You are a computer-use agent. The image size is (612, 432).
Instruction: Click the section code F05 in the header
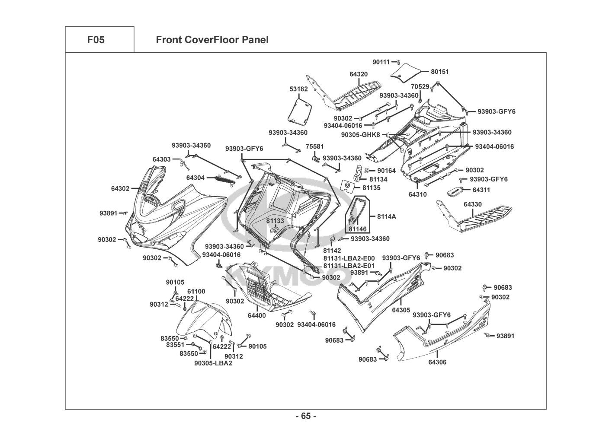click(x=96, y=40)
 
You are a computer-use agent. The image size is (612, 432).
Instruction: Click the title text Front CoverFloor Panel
click(x=212, y=40)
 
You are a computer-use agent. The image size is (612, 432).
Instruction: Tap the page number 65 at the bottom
click(x=306, y=416)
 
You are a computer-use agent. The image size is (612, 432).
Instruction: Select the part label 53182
click(x=298, y=89)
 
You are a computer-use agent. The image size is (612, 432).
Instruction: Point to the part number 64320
click(x=359, y=74)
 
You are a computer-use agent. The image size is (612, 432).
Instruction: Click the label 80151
click(x=440, y=71)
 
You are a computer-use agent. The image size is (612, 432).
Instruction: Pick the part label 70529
click(x=420, y=87)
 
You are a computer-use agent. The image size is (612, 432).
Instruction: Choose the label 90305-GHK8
click(x=360, y=135)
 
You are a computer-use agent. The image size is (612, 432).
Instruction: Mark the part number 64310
click(x=417, y=194)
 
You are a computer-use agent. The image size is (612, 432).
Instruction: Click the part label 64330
click(x=473, y=204)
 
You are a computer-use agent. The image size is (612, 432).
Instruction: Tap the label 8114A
click(x=386, y=216)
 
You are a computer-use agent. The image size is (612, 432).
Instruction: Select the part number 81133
click(x=275, y=221)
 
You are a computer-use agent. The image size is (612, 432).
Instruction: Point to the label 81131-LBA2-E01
click(x=349, y=266)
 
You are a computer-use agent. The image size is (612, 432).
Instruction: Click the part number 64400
click(x=256, y=316)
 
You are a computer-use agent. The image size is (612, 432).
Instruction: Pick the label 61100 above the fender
click(x=196, y=292)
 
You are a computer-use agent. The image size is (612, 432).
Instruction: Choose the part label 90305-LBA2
click(x=213, y=363)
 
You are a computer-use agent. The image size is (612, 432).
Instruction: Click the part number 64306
click(x=437, y=362)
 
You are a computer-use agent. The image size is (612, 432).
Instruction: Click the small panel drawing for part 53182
click(x=300, y=110)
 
